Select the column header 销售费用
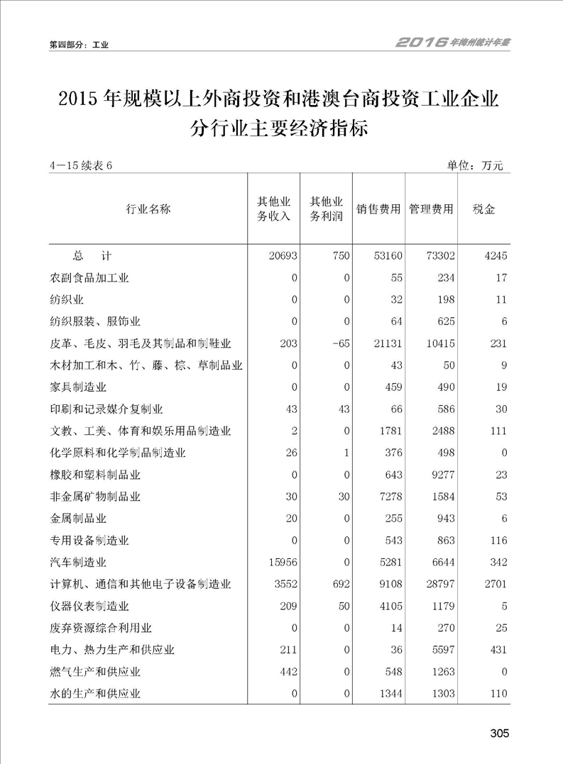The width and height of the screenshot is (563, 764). point(378,210)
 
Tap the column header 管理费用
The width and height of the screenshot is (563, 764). point(431,210)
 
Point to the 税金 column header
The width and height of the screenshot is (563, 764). point(484,210)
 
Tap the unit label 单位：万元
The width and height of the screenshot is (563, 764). point(474,166)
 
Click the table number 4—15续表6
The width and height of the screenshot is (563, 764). point(82,166)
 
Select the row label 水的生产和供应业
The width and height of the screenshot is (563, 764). point(94,694)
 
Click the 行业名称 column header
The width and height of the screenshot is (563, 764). point(148,210)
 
